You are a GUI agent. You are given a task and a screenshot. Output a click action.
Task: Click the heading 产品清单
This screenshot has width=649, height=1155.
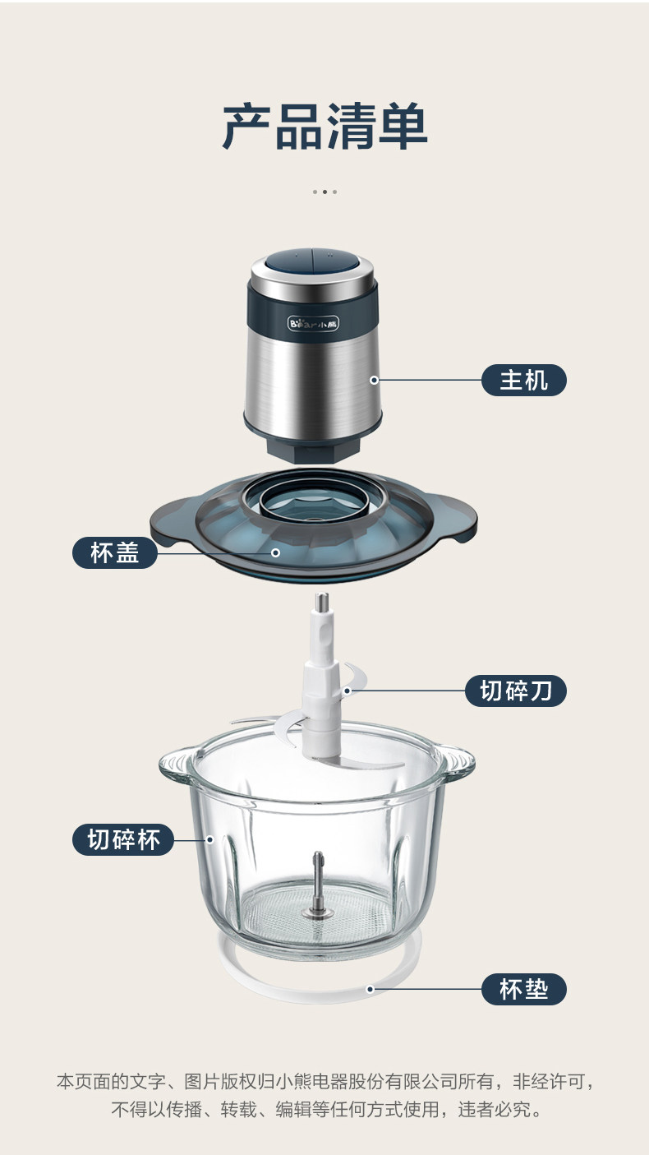point(325,127)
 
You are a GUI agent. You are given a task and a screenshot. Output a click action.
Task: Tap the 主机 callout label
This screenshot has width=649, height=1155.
point(524,380)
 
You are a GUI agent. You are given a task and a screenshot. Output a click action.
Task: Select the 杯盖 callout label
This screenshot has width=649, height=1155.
point(115,552)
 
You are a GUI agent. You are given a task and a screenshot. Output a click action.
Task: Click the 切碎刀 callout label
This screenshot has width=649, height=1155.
point(516,691)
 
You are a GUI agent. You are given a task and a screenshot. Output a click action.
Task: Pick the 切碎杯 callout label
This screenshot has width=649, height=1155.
point(123,839)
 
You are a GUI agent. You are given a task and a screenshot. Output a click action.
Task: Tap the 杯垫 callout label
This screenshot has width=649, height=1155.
point(524,989)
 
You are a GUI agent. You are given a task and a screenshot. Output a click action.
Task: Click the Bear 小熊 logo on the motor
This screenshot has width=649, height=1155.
point(313,324)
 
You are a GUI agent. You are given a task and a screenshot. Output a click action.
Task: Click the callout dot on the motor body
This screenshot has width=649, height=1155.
point(375,380)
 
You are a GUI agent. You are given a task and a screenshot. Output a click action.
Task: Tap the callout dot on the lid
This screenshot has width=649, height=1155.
point(275,552)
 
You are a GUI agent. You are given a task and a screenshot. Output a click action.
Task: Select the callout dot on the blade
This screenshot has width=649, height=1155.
point(348,691)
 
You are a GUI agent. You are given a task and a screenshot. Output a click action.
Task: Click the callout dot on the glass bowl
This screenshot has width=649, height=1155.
point(210,839)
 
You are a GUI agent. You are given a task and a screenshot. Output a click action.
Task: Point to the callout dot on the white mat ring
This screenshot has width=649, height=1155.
point(370,989)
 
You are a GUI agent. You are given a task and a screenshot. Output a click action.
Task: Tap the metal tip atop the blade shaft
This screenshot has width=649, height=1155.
point(322,601)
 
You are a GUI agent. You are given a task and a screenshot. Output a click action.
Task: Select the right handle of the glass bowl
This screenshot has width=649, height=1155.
point(457,760)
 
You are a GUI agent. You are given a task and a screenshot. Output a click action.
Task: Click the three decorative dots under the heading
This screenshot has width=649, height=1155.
point(324,192)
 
